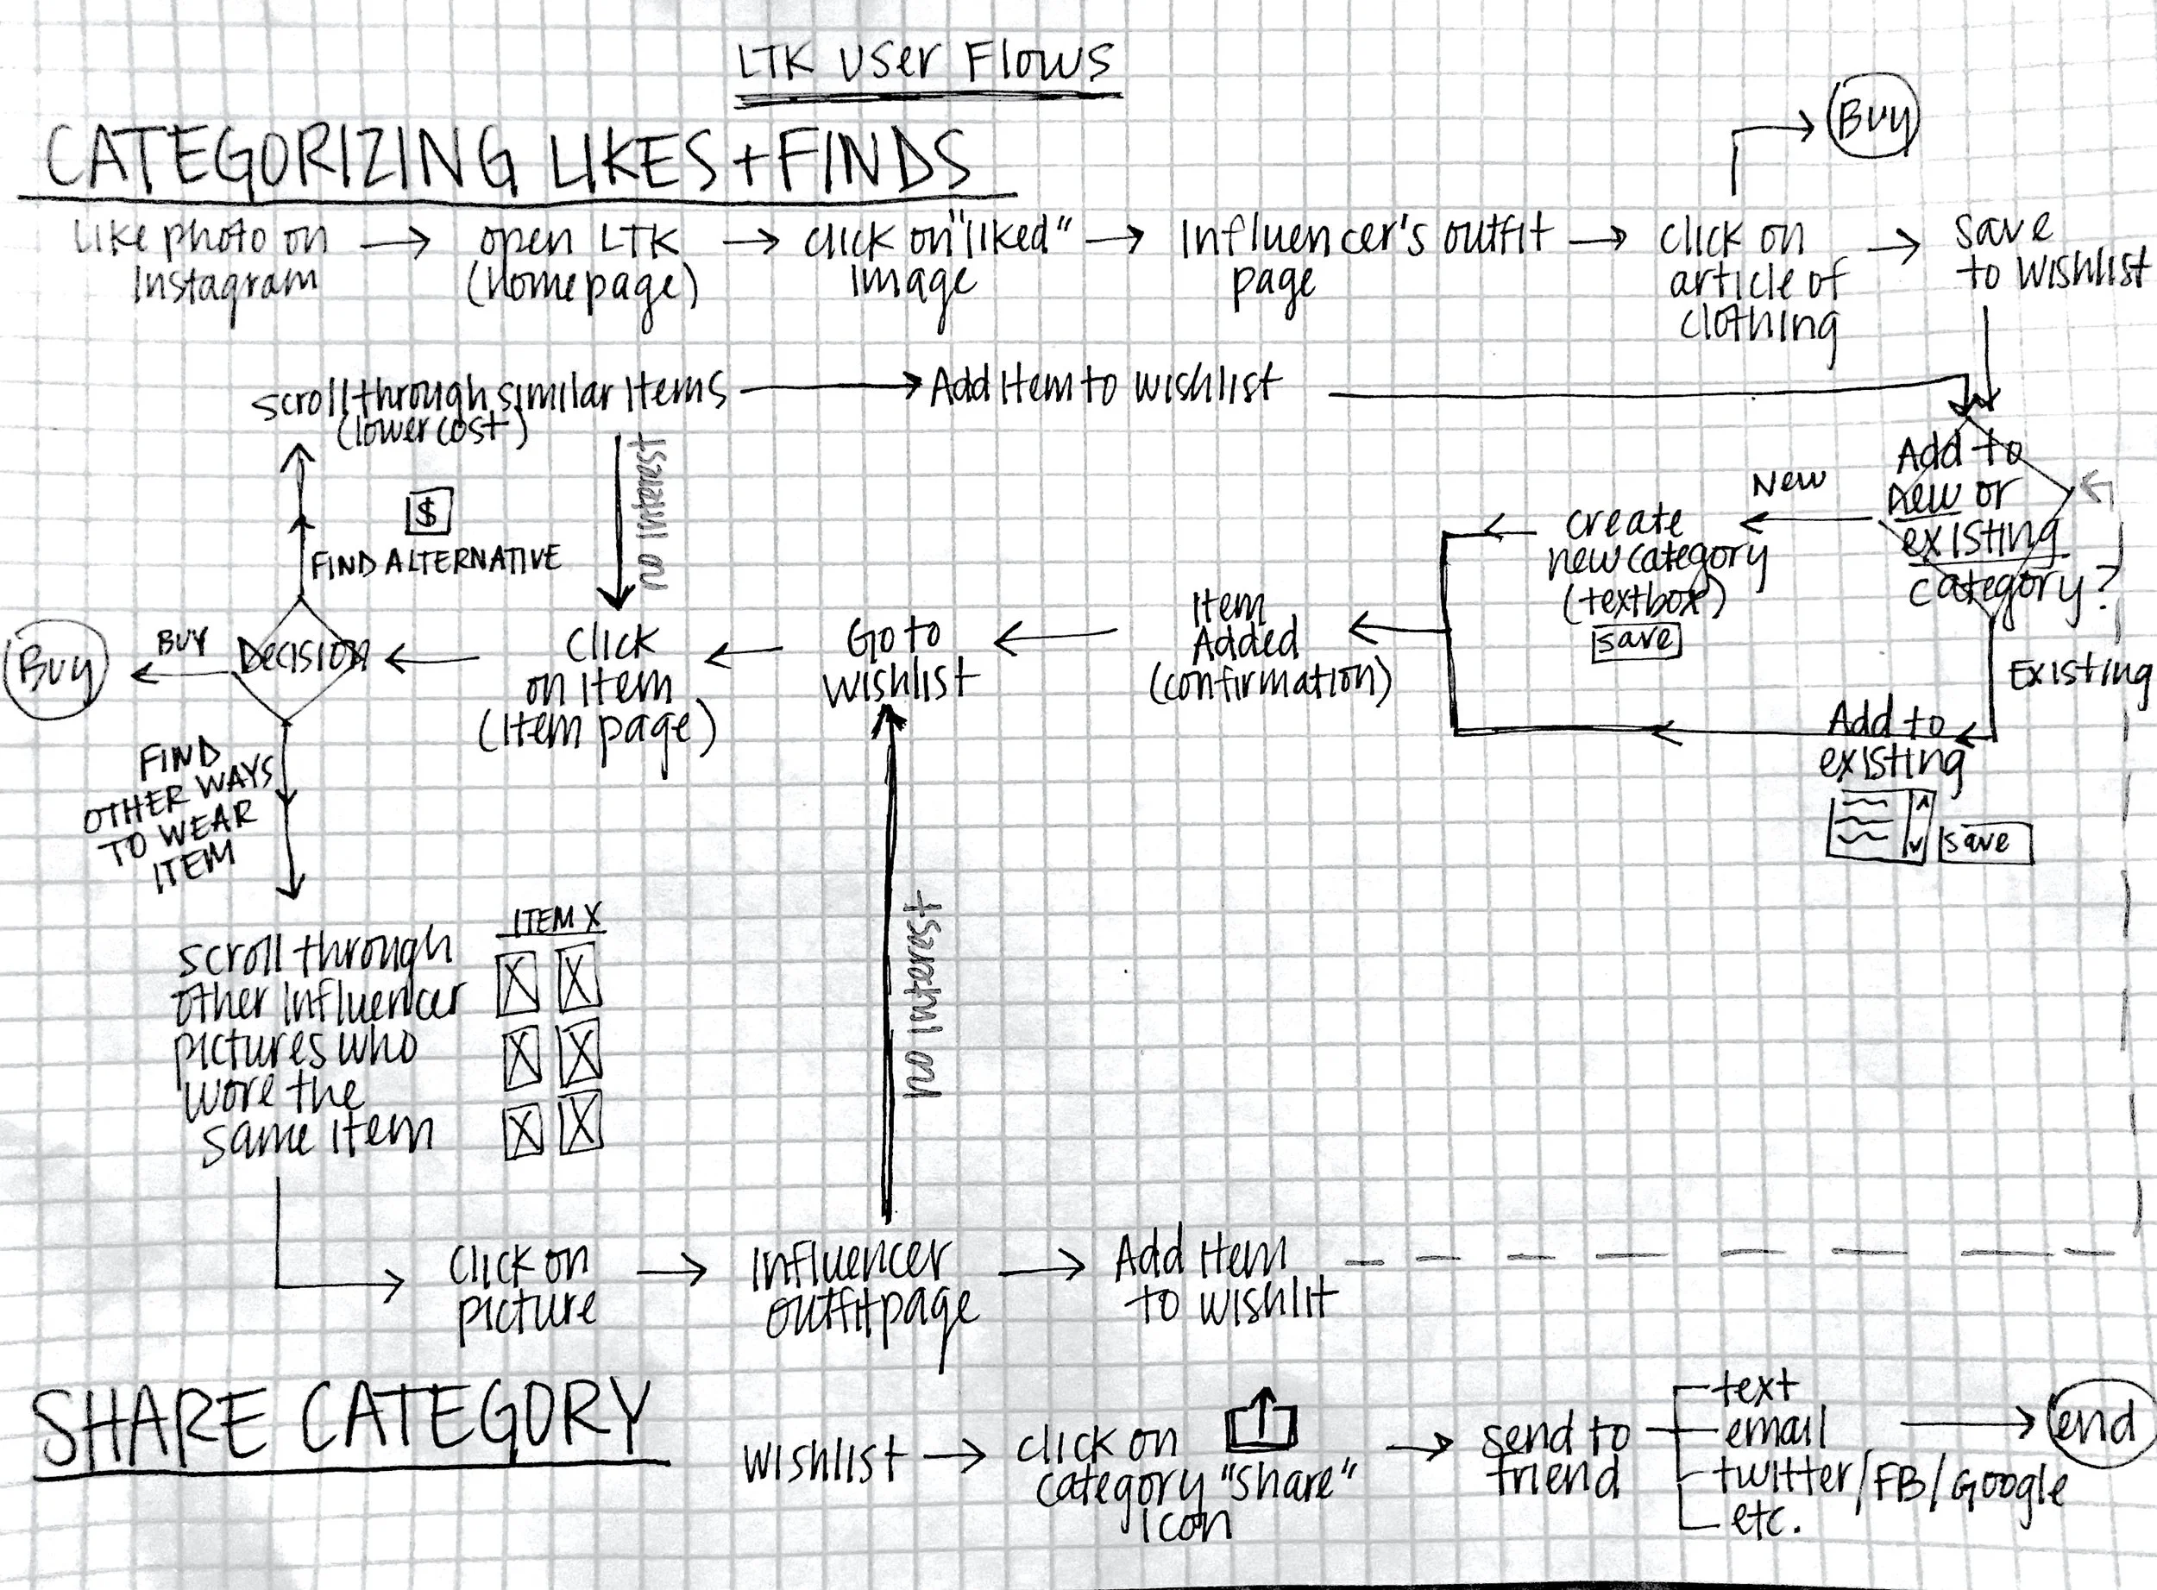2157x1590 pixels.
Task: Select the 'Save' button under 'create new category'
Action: (1636, 640)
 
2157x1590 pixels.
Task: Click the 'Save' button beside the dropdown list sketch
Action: (1984, 843)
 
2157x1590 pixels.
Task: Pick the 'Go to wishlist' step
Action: (899, 661)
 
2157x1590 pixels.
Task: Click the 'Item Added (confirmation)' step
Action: (1268, 650)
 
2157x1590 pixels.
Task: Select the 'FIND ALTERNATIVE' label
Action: (435, 561)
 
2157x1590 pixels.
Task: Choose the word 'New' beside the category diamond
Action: (1788, 482)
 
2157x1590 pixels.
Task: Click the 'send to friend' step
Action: (1554, 1457)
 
